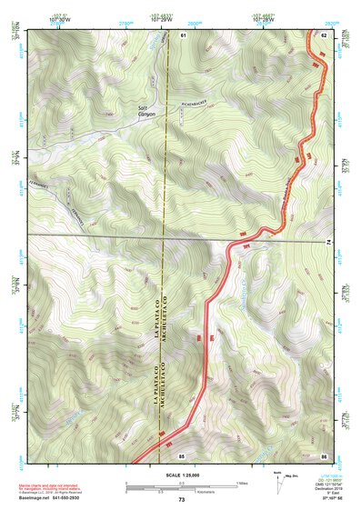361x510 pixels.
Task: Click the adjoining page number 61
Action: click(x=183, y=35)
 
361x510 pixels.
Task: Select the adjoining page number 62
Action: click(x=324, y=35)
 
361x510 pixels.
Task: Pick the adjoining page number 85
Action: click(x=182, y=455)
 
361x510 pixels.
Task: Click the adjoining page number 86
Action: click(x=324, y=455)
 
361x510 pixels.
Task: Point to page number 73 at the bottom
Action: click(x=182, y=500)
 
